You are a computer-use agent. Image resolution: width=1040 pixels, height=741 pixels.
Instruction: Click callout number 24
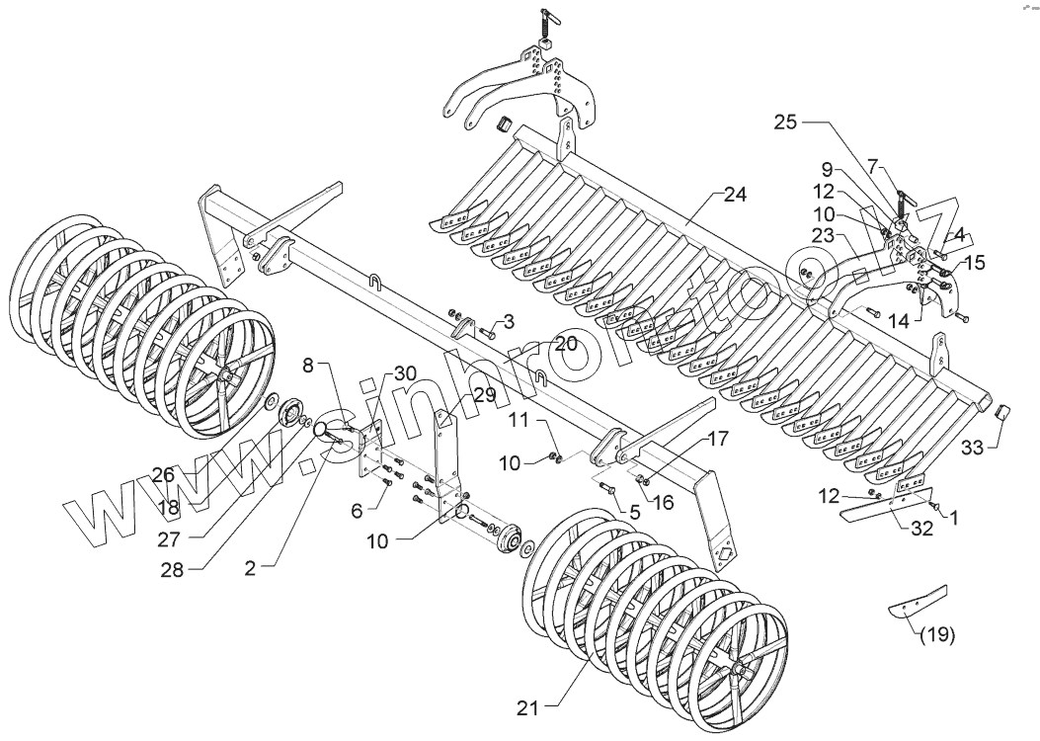[x=734, y=195]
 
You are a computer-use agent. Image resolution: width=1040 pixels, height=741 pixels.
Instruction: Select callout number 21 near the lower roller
[x=529, y=707]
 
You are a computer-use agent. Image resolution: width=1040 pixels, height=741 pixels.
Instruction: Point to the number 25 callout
[x=785, y=123]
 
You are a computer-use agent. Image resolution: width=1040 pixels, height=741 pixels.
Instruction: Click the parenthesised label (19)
[x=936, y=635]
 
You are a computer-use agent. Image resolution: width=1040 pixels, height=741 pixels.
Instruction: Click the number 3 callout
[x=510, y=322]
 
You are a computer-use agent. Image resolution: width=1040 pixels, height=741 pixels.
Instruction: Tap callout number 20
[x=564, y=344]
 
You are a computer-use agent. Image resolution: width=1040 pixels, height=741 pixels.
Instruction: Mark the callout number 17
[x=718, y=437]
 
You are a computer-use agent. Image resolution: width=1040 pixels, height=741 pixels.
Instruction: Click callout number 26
[x=163, y=475]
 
